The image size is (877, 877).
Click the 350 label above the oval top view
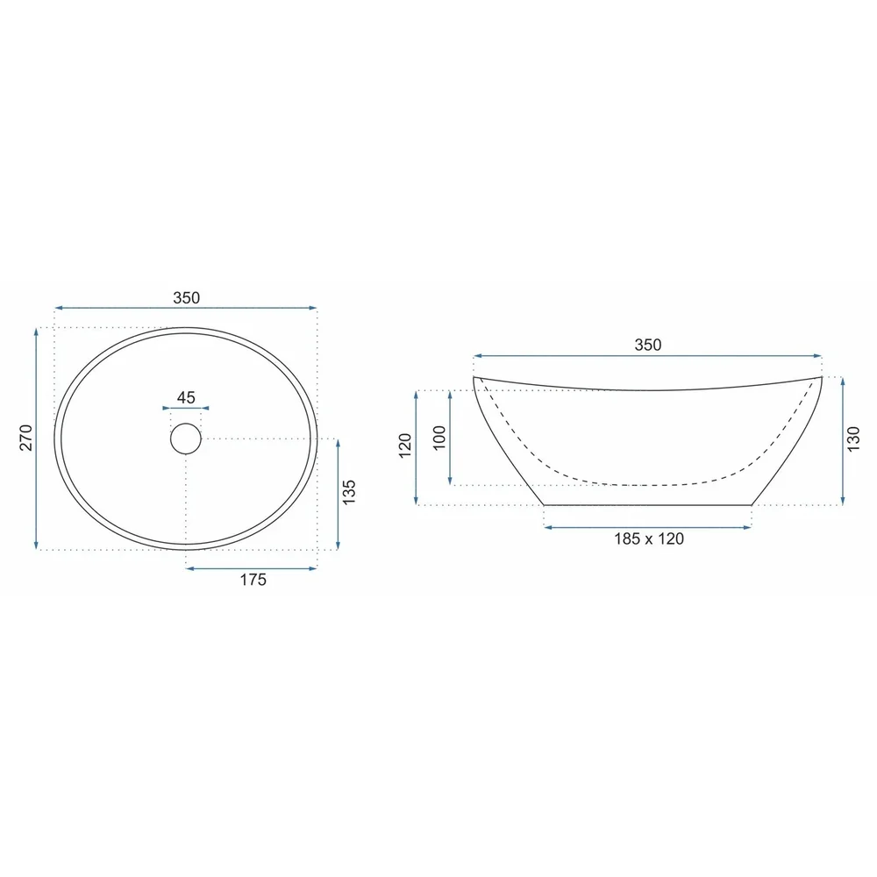click(x=186, y=297)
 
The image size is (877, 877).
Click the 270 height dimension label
click(x=26, y=438)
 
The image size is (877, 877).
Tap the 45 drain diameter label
click(x=186, y=397)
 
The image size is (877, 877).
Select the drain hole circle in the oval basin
click(x=186, y=438)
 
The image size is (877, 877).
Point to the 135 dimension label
click(x=348, y=492)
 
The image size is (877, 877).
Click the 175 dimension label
click(x=253, y=580)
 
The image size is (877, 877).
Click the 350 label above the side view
click(x=648, y=345)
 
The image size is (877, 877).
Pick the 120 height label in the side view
click(x=405, y=446)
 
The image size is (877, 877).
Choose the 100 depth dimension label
click(x=439, y=438)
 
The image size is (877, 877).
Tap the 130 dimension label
click(x=853, y=439)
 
